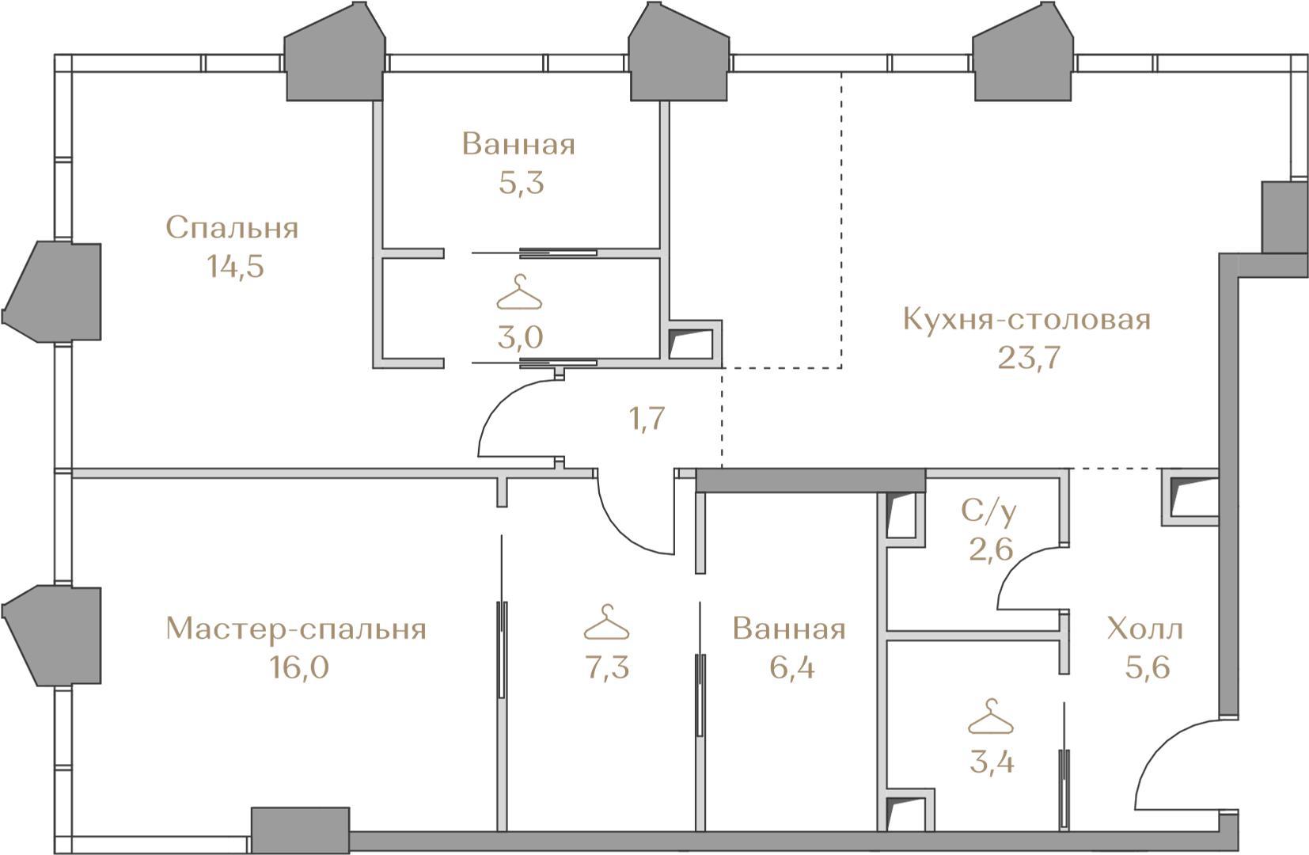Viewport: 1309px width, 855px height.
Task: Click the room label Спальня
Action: click(232, 229)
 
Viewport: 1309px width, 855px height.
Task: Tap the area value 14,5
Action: click(235, 267)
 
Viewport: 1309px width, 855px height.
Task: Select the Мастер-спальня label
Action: click(296, 630)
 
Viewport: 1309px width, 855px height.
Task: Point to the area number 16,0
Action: click(299, 667)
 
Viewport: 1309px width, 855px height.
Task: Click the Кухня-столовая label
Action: click(1026, 320)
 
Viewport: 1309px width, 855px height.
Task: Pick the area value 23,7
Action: click(1029, 359)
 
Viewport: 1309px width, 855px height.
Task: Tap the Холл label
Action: click(1145, 629)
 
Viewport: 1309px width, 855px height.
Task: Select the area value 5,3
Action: click(522, 183)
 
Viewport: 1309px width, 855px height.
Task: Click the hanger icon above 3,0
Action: click(519, 292)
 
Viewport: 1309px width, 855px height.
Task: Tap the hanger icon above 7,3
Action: click(606, 622)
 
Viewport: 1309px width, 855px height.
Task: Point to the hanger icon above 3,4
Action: click(991, 716)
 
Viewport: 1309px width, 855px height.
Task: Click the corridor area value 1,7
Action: click(646, 419)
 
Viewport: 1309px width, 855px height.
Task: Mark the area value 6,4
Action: click(792, 667)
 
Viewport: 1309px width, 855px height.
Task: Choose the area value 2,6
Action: click(991, 550)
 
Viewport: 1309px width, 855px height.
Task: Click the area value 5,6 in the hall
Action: click(1147, 667)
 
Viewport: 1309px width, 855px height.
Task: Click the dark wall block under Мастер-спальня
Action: click(301, 830)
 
